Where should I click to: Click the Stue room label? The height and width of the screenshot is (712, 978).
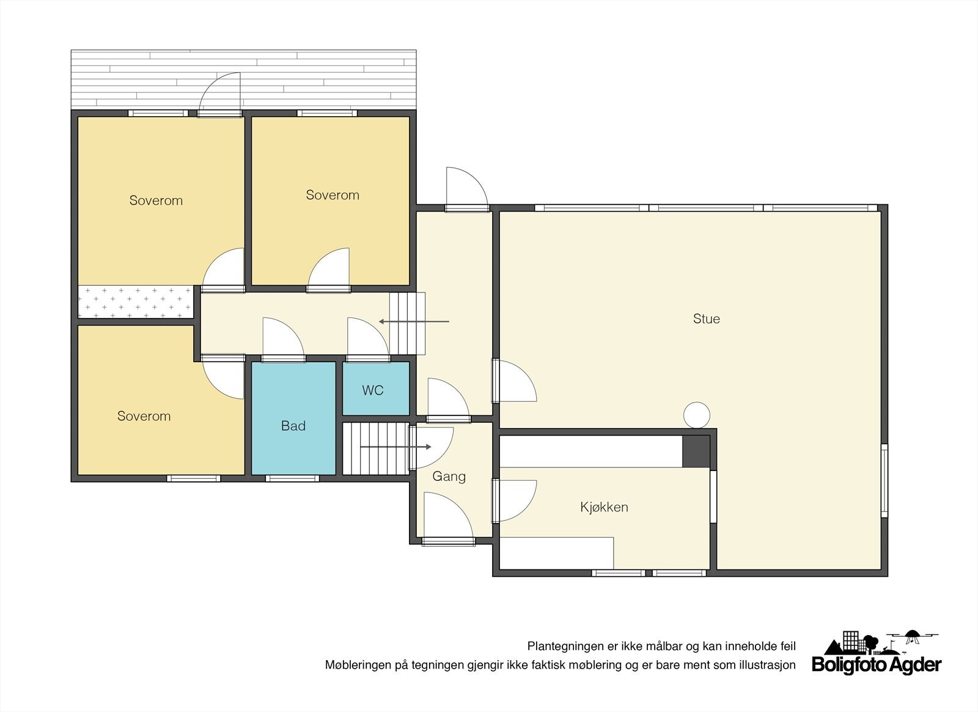click(706, 319)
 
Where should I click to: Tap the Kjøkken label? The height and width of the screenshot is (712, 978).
click(604, 507)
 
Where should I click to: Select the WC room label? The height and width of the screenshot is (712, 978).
click(372, 390)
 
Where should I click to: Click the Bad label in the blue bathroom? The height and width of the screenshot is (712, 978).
click(293, 426)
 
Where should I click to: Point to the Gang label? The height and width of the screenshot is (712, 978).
click(449, 477)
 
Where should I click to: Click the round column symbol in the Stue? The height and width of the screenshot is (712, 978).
click(696, 415)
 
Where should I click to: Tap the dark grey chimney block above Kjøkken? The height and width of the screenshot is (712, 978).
click(696, 451)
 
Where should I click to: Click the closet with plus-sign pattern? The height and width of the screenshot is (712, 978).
click(135, 302)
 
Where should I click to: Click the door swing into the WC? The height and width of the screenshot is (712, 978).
click(366, 339)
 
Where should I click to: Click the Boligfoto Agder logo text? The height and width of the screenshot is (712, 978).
click(876, 664)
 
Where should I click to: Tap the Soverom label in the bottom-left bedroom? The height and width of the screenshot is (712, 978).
click(144, 416)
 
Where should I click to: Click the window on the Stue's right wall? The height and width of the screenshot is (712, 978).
click(884, 480)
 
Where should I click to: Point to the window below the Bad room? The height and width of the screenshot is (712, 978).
click(292, 478)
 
